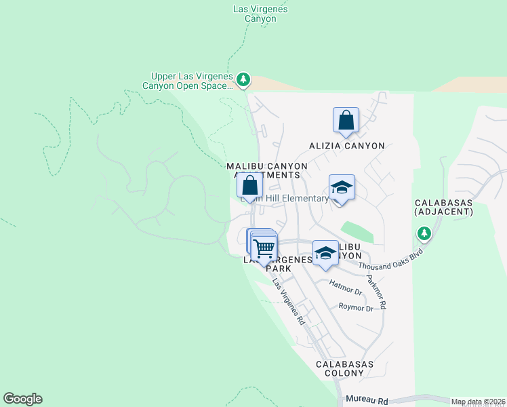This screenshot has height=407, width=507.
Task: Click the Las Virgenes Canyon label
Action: point(260,14)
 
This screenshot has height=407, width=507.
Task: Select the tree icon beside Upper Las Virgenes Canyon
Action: point(243,81)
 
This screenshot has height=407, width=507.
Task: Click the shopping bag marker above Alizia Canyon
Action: point(346,120)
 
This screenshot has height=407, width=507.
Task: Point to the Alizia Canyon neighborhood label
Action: point(347,146)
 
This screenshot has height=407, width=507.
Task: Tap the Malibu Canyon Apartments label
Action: point(267,170)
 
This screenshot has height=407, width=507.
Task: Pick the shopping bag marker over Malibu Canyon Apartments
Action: point(249,185)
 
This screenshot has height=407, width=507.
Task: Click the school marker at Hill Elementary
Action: point(342,187)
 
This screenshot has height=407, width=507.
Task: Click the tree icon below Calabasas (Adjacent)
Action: point(424,234)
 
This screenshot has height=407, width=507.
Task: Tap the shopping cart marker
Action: point(264,248)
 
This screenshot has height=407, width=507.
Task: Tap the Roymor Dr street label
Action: point(356,308)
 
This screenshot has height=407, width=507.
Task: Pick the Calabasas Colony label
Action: point(344,369)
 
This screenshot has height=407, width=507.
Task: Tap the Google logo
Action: point(22,399)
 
